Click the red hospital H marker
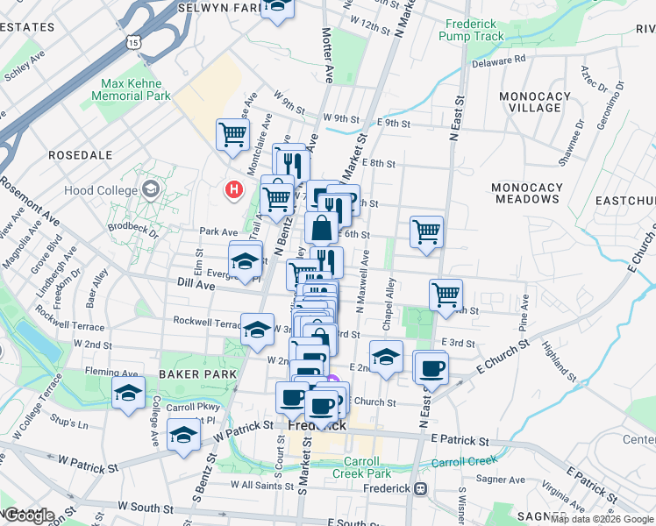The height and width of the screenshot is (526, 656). click(x=234, y=188)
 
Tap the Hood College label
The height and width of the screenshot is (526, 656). click(x=101, y=190)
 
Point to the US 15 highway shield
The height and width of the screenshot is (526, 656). click(x=132, y=41)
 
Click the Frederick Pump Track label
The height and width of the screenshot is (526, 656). click(x=474, y=31)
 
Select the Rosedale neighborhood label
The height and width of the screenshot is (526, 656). click(x=80, y=154)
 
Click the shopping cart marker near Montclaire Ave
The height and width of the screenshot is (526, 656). click(x=233, y=135)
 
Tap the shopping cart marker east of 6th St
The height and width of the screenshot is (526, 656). click(x=426, y=232)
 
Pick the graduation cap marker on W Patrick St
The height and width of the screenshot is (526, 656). click(x=183, y=434)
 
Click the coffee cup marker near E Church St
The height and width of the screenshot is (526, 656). click(x=431, y=368)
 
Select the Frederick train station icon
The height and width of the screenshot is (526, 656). click(x=421, y=487)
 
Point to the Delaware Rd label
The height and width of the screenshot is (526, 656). click(x=497, y=60)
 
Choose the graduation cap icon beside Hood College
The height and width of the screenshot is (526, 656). click(x=151, y=189)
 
